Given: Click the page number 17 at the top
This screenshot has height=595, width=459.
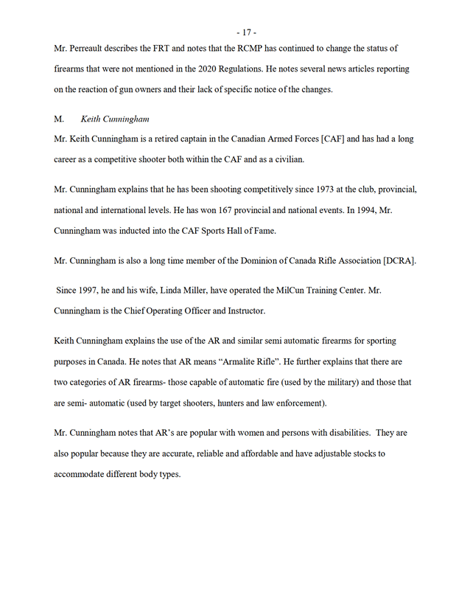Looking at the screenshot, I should [x=246, y=32].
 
